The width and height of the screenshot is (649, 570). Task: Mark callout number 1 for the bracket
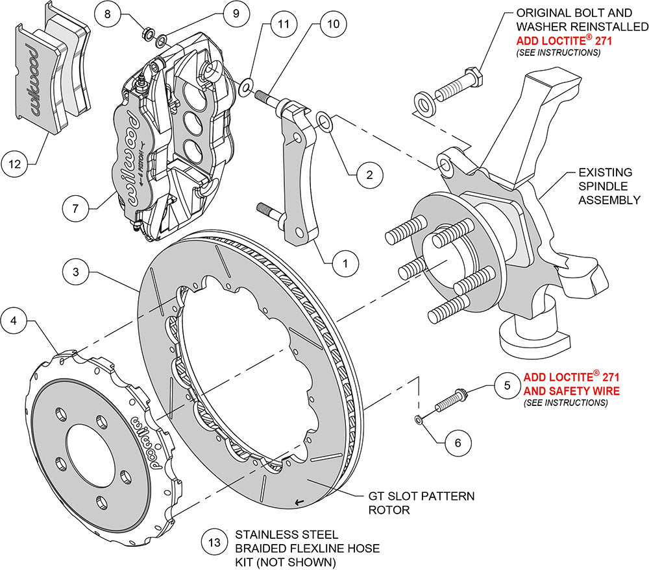345,263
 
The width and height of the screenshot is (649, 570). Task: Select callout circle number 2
368,174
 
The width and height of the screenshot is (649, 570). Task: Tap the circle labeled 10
334,25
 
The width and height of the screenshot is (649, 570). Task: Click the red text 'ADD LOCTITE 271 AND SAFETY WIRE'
571,383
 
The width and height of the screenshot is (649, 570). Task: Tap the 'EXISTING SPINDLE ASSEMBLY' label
604,186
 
